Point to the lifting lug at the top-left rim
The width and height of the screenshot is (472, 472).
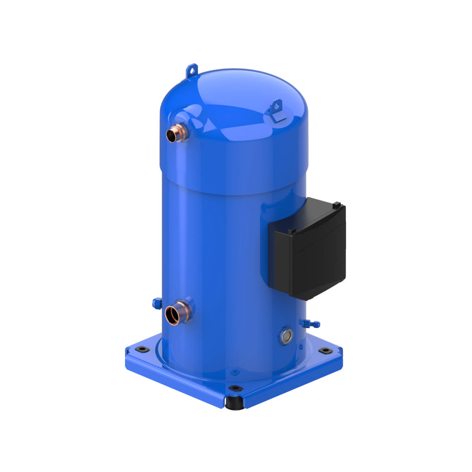tap(191, 71)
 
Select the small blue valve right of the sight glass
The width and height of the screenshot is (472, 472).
tap(310, 323)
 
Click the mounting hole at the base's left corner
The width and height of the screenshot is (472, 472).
tap(140, 349)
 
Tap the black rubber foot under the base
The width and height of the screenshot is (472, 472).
tap(233, 403)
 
